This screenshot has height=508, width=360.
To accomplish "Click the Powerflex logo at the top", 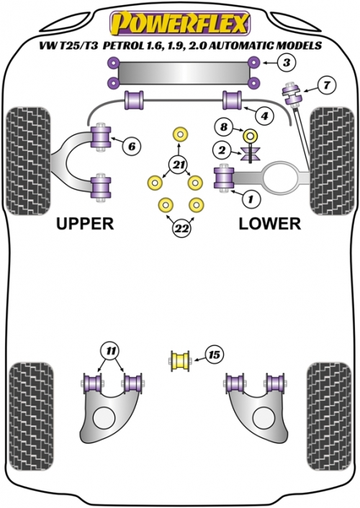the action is pyautogui.click(x=180, y=24).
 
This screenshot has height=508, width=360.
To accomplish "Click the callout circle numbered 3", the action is pyautogui.click(x=287, y=62).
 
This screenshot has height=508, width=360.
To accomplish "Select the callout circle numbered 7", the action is pyautogui.click(x=326, y=85).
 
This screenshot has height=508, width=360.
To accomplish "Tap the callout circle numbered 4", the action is pyautogui.click(x=265, y=116).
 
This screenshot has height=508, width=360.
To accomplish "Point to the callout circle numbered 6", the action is pyautogui.click(x=131, y=147).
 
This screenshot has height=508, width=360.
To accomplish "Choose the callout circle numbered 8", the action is pyautogui.click(x=224, y=127).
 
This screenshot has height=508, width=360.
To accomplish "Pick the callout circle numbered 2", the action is pyautogui.click(x=222, y=150).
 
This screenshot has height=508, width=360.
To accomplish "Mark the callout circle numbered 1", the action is pyautogui.click(x=251, y=199).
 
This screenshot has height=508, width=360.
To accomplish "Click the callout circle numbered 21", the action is pyautogui.click(x=178, y=165).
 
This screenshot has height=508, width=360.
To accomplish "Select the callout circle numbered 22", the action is pyautogui.click(x=181, y=229).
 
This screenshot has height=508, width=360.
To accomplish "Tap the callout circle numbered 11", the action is pyautogui.click(x=110, y=351).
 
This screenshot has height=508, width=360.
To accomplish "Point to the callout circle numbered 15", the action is pyautogui.click(x=215, y=355).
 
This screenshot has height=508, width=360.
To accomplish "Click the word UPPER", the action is pyautogui.click(x=85, y=224).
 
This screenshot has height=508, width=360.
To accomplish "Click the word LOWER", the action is pyautogui.click(x=270, y=224).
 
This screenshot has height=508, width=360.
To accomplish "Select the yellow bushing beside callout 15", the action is pyautogui.click(x=180, y=360).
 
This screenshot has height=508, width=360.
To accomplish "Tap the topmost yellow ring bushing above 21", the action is pyautogui.click(x=181, y=134).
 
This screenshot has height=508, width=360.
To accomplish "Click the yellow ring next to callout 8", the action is pyautogui.click(x=251, y=135).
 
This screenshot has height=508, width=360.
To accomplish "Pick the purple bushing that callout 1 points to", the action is pyautogui.click(x=224, y=178).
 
